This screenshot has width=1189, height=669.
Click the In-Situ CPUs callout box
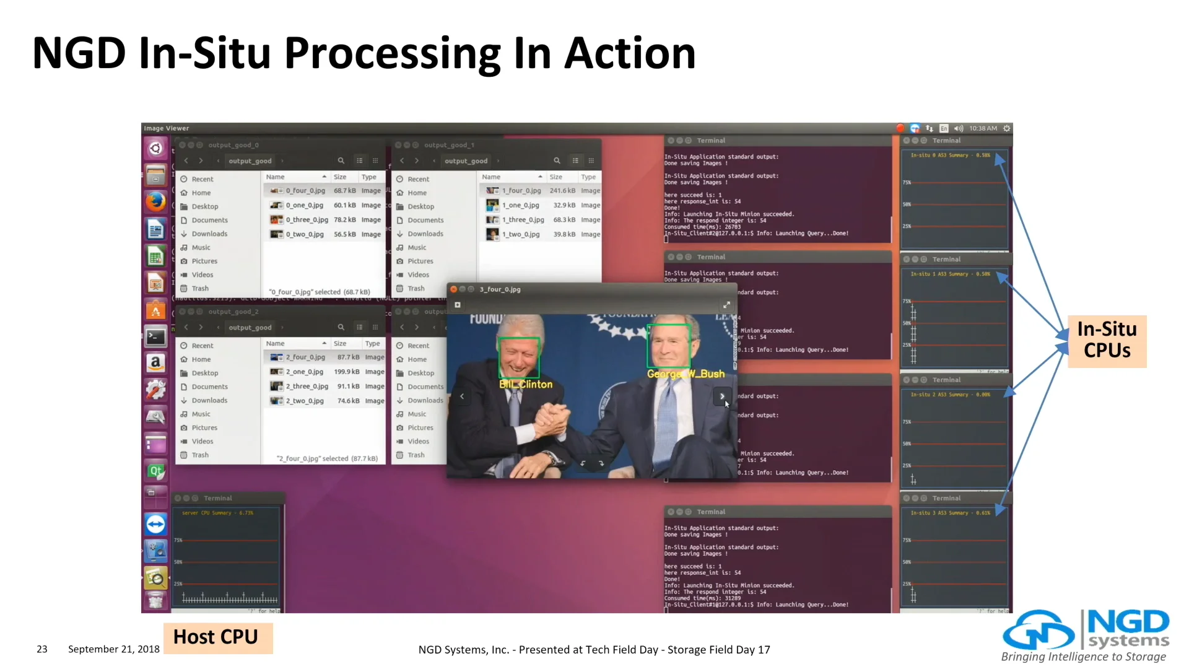[1107, 340]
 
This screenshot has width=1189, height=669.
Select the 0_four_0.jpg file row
[305, 191]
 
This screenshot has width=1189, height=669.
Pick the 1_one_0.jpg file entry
[520, 205]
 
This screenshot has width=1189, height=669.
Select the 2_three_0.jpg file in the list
[307, 387]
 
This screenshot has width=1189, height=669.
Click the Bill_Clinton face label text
[526, 385]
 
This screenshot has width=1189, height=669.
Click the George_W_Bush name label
[686, 374]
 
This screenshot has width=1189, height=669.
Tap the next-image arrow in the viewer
[722, 396]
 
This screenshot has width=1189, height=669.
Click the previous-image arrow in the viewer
[462, 396]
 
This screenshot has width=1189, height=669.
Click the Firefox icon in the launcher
[155, 202]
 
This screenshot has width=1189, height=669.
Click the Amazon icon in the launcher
[155, 362]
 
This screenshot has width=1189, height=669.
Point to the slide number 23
[42, 649]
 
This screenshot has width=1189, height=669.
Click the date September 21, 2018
[114, 649]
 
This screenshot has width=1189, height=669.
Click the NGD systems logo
[1085, 635]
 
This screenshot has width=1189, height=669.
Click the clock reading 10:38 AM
[983, 128]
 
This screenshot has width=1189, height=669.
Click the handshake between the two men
[552, 422]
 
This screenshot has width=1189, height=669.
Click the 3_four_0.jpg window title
[500, 289]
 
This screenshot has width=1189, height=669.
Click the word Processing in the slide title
[393, 53]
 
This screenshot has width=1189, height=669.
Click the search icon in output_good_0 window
[341, 160]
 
